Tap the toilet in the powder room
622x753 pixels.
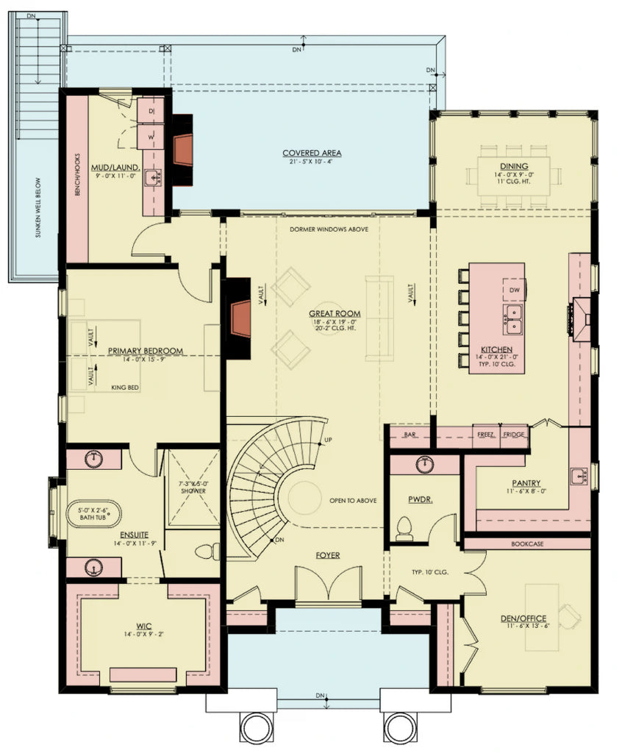(404, 527)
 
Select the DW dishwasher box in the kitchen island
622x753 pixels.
(514, 290)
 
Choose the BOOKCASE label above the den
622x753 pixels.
(527, 544)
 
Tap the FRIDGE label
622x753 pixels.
(514, 435)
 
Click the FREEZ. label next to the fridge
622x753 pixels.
(485, 435)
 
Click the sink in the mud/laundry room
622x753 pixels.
(153, 176)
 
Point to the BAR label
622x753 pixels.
(410, 435)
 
